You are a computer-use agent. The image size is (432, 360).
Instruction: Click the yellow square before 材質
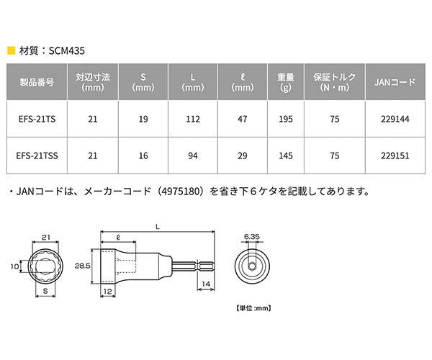10,51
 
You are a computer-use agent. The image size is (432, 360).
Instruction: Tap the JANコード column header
395,82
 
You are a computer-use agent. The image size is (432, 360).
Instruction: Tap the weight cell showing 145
284,155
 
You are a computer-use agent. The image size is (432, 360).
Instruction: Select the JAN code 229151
395,155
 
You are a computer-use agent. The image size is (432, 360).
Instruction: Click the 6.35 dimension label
251,235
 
